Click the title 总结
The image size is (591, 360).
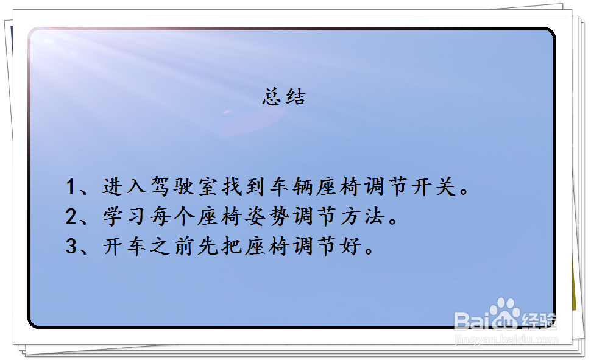(x=284, y=97)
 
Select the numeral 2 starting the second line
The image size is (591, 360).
(x=71, y=216)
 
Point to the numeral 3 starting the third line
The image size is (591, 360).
(x=71, y=246)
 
